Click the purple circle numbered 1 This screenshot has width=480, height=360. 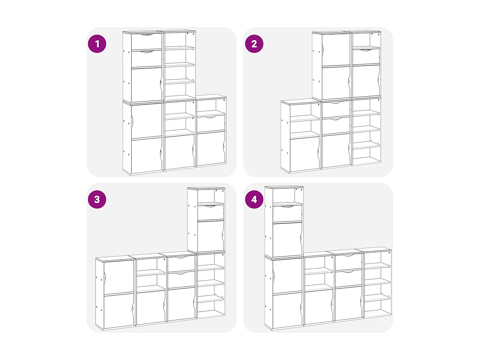97,44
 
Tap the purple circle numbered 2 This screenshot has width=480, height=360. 254,44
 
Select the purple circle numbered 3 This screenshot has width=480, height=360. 97,199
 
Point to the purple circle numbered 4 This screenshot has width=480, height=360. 254,199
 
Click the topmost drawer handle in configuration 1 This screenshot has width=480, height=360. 147,34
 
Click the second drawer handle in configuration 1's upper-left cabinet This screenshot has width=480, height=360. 147,52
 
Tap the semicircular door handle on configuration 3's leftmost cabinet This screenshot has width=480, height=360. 105,278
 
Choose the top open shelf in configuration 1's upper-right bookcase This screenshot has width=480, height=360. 179,48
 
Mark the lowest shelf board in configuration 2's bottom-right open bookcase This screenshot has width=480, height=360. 366,145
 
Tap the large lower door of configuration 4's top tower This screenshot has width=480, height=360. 287,239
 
